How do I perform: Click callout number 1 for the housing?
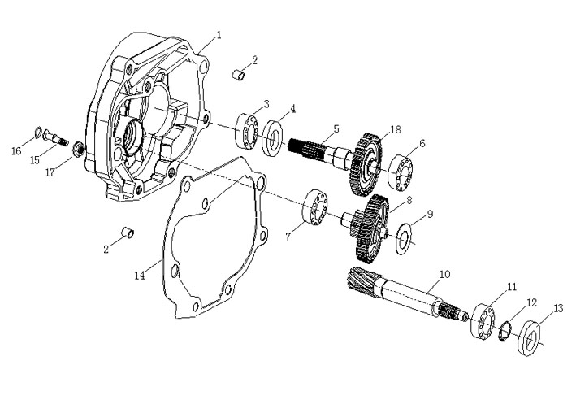tap(218, 35)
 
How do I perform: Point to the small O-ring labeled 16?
tap(38, 132)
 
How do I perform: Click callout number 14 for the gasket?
tap(139, 276)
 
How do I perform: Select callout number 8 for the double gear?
tap(409, 199)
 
